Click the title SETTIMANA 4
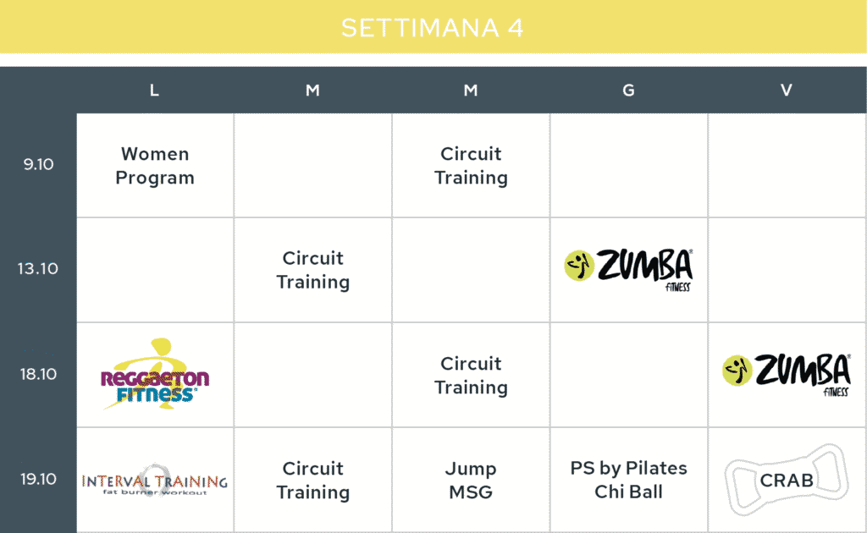point(433,28)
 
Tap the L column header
point(154,90)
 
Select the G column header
point(628,90)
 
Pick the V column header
point(787,90)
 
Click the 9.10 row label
point(38,164)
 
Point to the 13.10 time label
point(37,268)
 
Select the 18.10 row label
point(38,374)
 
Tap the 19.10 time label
point(38,479)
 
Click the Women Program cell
point(155,166)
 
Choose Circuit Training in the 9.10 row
point(471,166)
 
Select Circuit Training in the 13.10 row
point(313,270)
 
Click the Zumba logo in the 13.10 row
point(629,270)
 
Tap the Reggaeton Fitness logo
point(155,374)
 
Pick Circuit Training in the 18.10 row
point(471,376)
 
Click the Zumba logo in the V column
point(787,375)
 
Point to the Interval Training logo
point(155,481)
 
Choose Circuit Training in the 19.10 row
point(313,481)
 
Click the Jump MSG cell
point(471,481)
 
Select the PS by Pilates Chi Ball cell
point(629,480)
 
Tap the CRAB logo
point(787,481)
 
